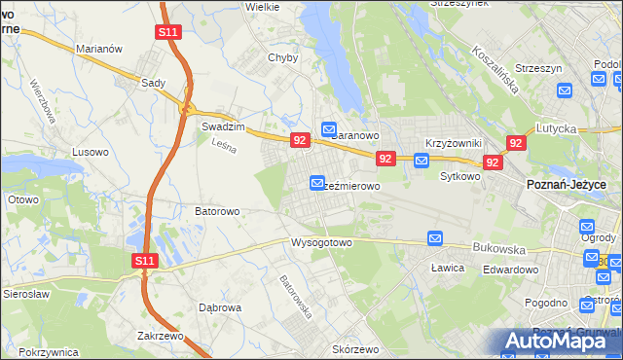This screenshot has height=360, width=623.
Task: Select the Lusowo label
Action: pos(91,152)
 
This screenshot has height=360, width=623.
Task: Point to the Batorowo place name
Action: pos(217,210)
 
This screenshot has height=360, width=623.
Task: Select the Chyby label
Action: pos(282,57)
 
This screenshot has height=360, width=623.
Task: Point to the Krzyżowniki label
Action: pos(454,143)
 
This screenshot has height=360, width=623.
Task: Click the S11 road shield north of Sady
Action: pos(167,32)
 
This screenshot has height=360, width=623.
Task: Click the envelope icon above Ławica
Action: pos(435,238)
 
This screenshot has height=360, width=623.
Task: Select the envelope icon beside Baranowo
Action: pos(329,128)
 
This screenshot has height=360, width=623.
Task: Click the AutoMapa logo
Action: pos(560,340)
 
